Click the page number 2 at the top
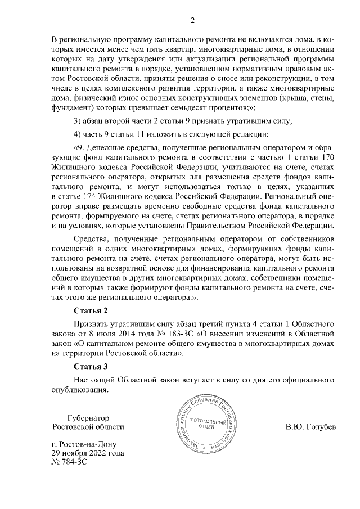192,21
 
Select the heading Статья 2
90,310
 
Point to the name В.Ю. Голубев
310,426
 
